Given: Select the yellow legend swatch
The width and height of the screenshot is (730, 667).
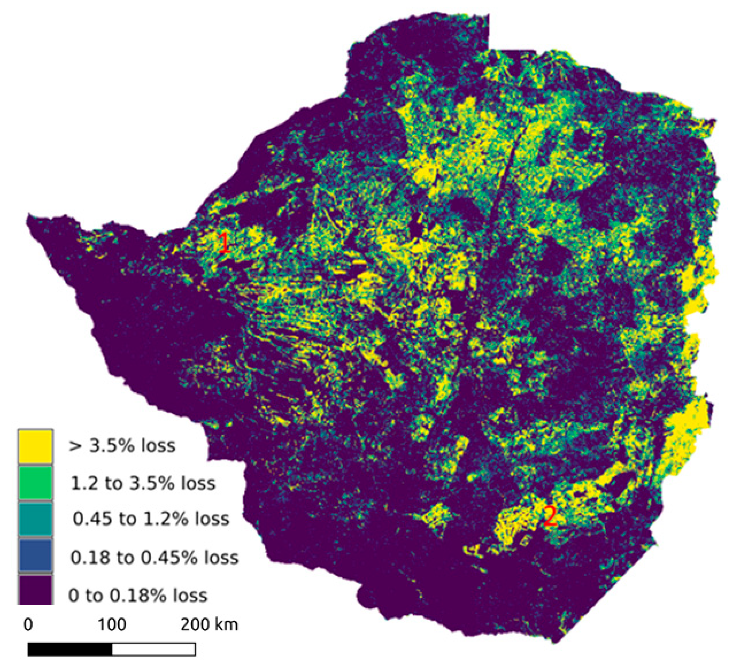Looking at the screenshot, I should [x=35, y=446].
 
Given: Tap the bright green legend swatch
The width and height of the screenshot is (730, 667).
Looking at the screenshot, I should [x=35, y=483].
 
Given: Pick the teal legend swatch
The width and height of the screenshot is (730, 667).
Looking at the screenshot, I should [x=35, y=519].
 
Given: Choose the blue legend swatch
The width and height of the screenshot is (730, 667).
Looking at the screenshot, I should [x=35, y=555].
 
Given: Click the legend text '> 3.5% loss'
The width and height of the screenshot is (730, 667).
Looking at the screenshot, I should [x=122, y=446].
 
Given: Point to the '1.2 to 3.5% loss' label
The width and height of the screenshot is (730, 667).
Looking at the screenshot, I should [x=143, y=484].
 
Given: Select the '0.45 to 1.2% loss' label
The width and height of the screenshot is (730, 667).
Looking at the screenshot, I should [x=151, y=519].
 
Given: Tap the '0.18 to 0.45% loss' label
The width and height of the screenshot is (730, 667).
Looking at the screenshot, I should [x=155, y=558].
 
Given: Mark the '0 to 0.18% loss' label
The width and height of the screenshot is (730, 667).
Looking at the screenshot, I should [x=138, y=596].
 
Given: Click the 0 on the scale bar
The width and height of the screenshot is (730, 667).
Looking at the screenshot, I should [x=28, y=625].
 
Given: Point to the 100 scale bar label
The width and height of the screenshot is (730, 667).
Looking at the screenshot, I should [x=112, y=625].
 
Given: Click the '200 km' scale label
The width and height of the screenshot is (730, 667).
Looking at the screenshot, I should [x=209, y=625].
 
